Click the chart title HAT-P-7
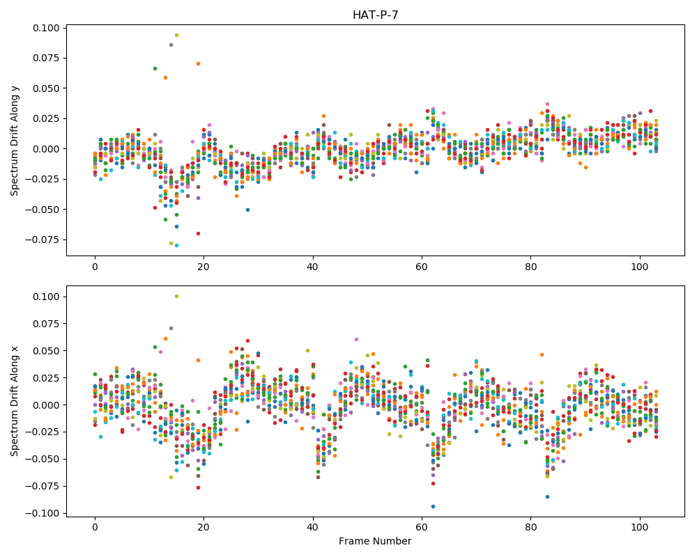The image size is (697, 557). pyautogui.click(x=375, y=15)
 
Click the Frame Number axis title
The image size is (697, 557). pyautogui.click(x=375, y=541)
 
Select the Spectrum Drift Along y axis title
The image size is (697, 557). pyautogui.click(x=15, y=141)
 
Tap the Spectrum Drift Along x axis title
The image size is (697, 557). pyautogui.click(x=15, y=402)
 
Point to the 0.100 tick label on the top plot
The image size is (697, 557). pyautogui.click(x=46, y=28)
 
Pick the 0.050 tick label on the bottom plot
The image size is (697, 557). pyautogui.click(x=46, y=351)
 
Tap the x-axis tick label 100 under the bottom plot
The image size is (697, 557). pyautogui.click(x=640, y=527)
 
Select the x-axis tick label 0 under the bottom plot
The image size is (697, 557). pyautogui.click(x=95, y=527)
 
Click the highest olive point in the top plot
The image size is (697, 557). pyautogui.click(x=176, y=35)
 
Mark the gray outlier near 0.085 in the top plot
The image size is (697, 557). pyautogui.click(x=171, y=45)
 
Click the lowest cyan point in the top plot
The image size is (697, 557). pyautogui.click(x=176, y=245)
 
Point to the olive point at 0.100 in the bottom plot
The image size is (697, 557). pyautogui.click(x=176, y=297)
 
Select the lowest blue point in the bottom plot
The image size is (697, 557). pyautogui.click(x=433, y=506)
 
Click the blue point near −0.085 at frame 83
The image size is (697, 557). pyautogui.click(x=547, y=496)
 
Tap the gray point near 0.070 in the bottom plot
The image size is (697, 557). pyautogui.click(x=171, y=328)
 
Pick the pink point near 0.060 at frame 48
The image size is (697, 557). pyautogui.click(x=356, y=339)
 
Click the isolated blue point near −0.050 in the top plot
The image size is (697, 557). pyautogui.click(x=247, y=210)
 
